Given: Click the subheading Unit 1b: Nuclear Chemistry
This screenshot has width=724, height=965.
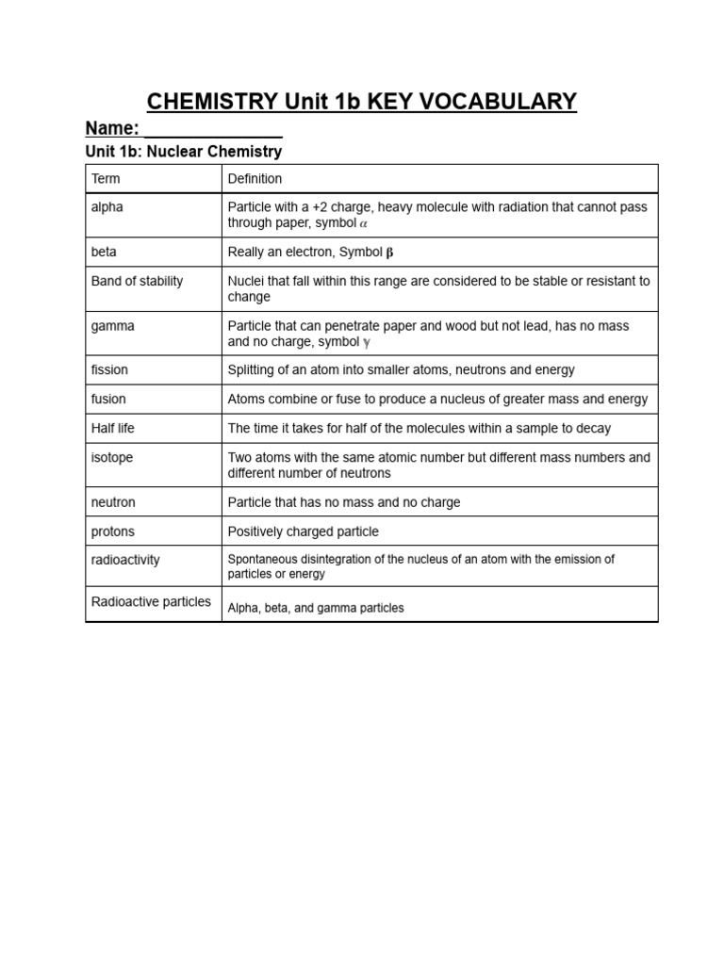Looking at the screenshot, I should pyautogui.click(x=183, y=151).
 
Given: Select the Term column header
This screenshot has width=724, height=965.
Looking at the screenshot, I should pyautogui.click(x=106, y=178).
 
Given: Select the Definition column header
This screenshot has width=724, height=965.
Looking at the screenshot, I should pyautogui.click(x=255, y=178).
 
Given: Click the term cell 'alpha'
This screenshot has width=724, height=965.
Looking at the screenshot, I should pyautogui.click(x=107, y=206).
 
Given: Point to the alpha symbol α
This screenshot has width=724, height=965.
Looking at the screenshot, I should pyautogui.click(x=364, y=223).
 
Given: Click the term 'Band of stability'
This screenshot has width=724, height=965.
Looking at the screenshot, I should pyautogui.click(x=137, y=281).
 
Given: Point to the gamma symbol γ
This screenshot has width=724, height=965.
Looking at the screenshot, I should pyautogui.click(x=367, y=342).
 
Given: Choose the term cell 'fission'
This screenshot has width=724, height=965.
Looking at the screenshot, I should pyautogui.click(x=109, y=369).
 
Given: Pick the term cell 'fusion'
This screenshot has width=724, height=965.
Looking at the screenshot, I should pyautogui.click(x=108, y=399).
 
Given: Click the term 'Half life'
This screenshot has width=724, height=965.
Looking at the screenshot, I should pyautogui.click(x=112, y=428).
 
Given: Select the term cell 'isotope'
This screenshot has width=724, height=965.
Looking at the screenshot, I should pyautogui.click(x=112, y=457).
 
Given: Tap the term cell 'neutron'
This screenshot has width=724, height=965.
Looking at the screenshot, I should pyautogui.click(x=113, y=502).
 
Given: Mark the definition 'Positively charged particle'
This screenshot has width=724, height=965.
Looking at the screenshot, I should pyautogui.click(x=303, y=532).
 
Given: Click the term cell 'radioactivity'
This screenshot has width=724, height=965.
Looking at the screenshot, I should pyautogui.click(x=125, y=560).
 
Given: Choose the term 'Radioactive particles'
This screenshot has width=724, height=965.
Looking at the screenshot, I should pyautogui.click(x=151, y=601).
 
